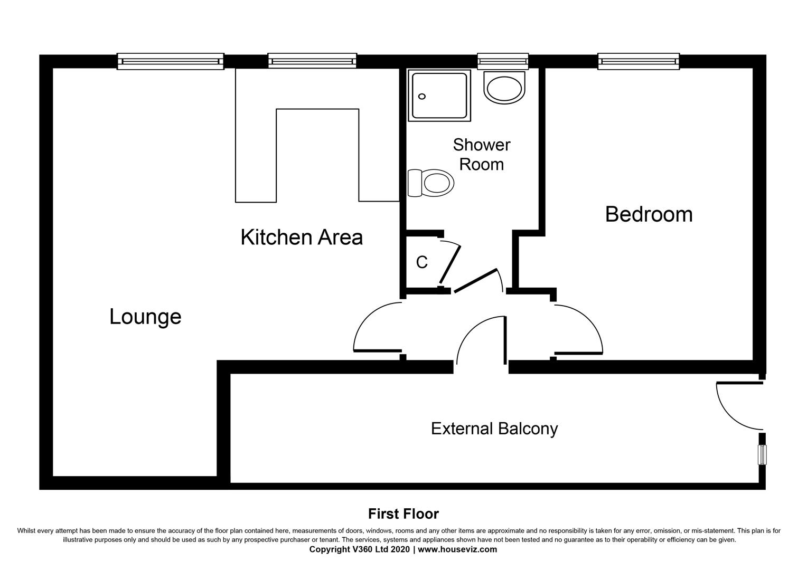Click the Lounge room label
[x=145, y=317]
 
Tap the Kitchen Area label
[x=302, y=237]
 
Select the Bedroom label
[x=649, y=214]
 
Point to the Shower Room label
[x=481, y=154]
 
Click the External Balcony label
[x=494, y=428]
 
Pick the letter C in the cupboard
[x=421, y=262]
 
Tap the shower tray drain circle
[x=421, y=97]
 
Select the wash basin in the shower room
[x=505, y=88]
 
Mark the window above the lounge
[x=170, y=61]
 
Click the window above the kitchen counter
[x=312, y=61]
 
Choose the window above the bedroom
[x=638, y=61]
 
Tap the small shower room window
[x=502, y=61]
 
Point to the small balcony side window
[x=762, y=455]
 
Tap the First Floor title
[x=403, y=514]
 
